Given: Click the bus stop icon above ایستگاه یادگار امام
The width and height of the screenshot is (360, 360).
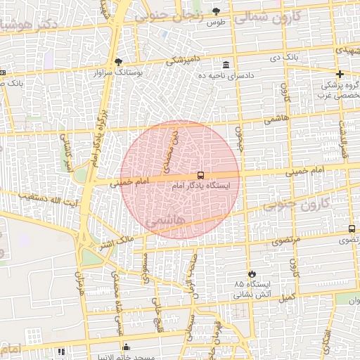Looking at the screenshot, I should (201, 175).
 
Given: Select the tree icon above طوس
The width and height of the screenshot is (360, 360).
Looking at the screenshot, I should (216, 11).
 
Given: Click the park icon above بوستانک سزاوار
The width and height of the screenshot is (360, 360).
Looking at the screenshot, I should (118, 62).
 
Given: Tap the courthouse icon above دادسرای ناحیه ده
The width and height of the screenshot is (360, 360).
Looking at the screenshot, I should (226, 64).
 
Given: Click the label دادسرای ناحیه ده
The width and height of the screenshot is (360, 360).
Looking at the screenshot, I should (226, 75).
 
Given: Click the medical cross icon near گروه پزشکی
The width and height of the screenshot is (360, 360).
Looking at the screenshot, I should (340, 74).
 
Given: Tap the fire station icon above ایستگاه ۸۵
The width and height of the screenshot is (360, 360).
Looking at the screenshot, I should (251, 274).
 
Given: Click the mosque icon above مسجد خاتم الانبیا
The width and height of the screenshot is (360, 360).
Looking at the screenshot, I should (126, 347).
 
